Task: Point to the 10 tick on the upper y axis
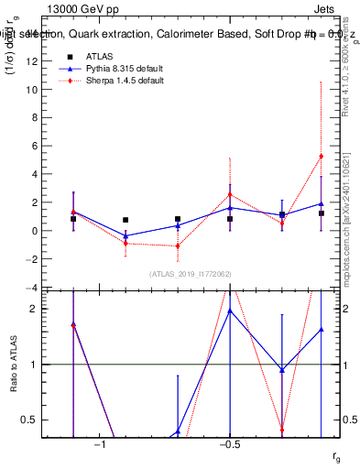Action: [x=32, y=90]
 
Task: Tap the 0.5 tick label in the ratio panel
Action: [x=29, y=420]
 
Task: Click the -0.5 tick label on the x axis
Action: [x=229, y=446]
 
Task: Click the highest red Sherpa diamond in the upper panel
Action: [x=321, y=156]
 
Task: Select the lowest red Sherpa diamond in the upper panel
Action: [x=178, y=245]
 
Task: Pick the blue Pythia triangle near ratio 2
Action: [x=230, y=311]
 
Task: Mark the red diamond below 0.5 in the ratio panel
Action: [x=282, y=429]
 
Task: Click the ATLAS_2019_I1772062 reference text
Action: [x=191, y=273]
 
